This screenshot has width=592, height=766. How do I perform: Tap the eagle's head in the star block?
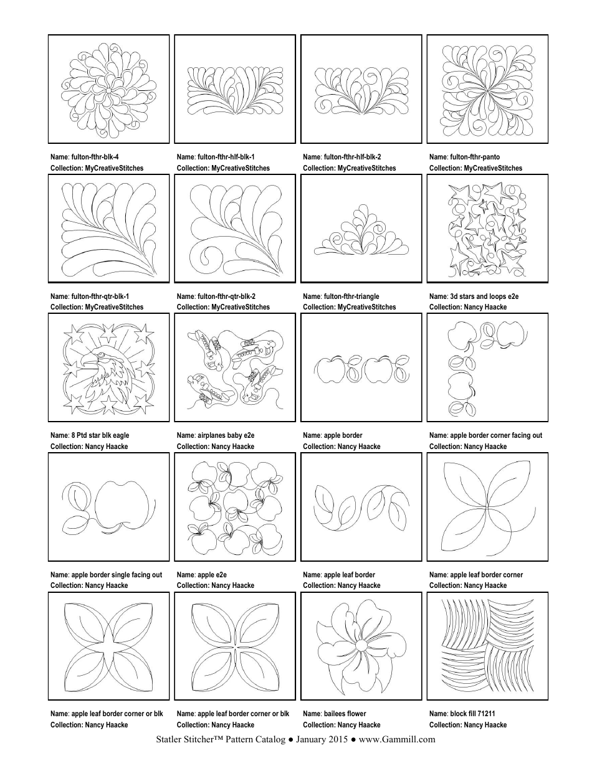coord(93,361)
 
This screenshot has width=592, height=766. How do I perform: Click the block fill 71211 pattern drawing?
coord(487,646)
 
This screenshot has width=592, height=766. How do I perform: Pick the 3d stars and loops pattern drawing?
coord(487,229)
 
